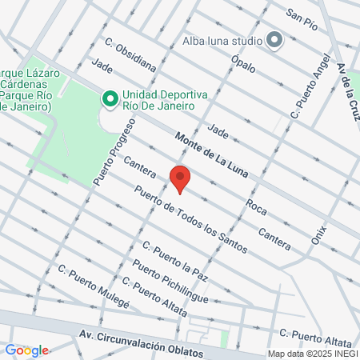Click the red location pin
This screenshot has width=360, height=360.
click(180, 179)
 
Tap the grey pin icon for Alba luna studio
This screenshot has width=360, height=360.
click(274, 39)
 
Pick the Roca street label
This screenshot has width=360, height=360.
click(256, 206)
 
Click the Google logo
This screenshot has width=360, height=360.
click(26, 350)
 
